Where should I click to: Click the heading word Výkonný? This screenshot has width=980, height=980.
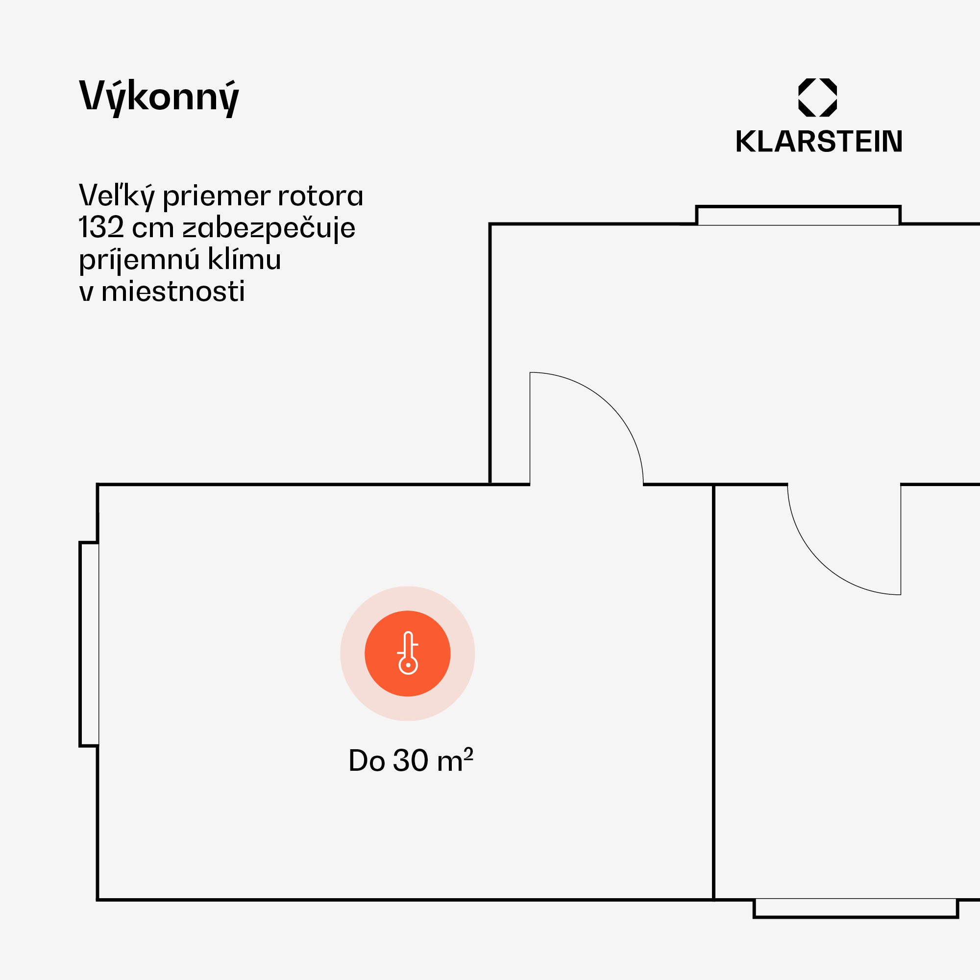(159, 98)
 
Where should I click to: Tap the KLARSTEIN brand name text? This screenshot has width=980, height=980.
(819, 142)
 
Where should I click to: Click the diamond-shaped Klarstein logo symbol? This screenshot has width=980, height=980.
(817, 98)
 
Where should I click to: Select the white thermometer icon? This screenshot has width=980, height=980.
(408, 653)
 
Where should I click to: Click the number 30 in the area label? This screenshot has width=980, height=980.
(410, 760)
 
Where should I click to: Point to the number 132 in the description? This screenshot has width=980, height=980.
(101, 227)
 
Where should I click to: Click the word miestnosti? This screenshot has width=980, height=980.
(173, 292)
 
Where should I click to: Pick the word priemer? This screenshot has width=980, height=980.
(217, 197)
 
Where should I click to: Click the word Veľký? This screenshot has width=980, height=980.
(116, 196)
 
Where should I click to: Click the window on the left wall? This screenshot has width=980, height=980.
(89, 644)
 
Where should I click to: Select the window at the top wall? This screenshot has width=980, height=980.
(798, 216)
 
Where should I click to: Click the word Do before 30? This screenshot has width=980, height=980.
(366, 761)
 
